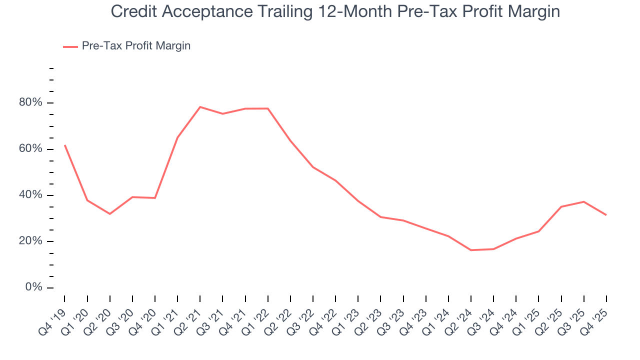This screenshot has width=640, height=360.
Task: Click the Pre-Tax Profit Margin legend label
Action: pyautogui.click(x=136, y=46)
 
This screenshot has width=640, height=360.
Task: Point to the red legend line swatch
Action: pyautogui.click(x=70, y=46)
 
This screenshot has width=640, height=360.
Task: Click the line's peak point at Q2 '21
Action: pyautogui.click(x=200, y=107)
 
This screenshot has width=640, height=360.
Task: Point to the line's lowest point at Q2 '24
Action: pyautogui.click(x=471, y=250)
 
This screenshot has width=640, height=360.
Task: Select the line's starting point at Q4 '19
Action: pyautogui.click(x=65, y=145)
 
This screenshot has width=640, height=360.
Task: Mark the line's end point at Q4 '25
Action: pyautogui.click(x=606, y=215)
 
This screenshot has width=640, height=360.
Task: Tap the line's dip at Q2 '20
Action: pyautogui.click(x=110, y=214)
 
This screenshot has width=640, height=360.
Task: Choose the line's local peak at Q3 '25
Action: pyautogui.click(x=584, y=201)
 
